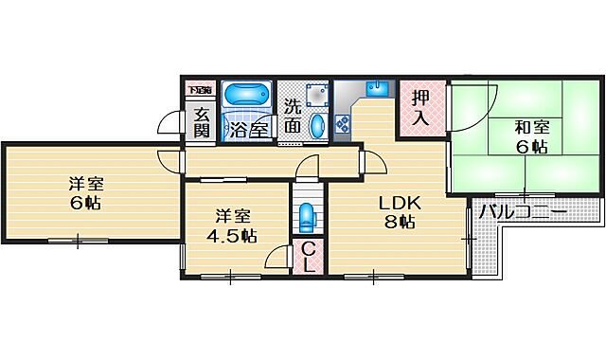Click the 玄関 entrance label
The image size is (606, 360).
click(x=202, y=123)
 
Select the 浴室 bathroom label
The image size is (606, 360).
click(x=248, y=130)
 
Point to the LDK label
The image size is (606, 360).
click(x=397, y=202)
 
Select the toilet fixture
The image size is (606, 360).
click(x=306, y=218)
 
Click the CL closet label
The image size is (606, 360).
click(x=309, y=257)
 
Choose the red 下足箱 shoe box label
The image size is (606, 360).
click(x=199, y=90)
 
